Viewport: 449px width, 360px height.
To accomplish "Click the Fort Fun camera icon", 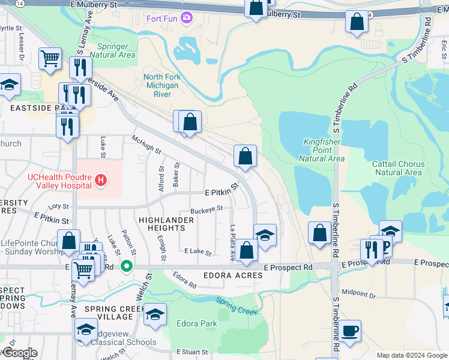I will point(187,17).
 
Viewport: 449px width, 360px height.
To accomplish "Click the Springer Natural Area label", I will point(113,50).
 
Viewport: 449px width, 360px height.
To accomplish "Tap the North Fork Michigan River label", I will point(161,85).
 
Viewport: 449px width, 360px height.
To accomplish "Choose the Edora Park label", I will point(197,323).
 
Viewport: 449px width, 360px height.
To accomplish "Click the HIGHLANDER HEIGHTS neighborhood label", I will point(166,224).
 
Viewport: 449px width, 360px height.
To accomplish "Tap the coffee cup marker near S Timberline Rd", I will point(349,330).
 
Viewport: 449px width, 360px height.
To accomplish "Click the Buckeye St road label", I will point(206,209).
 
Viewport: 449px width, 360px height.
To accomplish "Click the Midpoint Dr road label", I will point(358,295).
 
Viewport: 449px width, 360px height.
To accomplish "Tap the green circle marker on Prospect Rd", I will point(127,266).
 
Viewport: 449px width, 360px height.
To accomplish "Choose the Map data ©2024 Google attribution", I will point(412,355).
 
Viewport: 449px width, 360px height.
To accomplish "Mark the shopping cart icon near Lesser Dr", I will point(50,59).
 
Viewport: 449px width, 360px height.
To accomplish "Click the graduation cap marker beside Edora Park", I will point(155,314).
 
